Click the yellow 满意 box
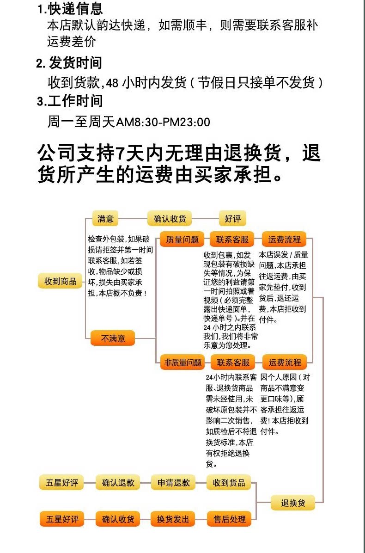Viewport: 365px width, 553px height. coord(105,219)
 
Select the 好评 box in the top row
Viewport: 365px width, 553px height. coord(232,219)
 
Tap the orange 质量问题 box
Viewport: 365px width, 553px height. coord(182,240)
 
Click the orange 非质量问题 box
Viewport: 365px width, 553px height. coord(182,362)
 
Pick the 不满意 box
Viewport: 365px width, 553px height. coord(113,338)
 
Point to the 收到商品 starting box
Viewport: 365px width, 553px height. coord(60,281)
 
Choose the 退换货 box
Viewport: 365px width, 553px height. coord(293,503)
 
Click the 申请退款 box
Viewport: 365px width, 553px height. coord(173,482)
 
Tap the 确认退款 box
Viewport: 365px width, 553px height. coord(118,482)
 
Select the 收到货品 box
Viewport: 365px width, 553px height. coord(229,482)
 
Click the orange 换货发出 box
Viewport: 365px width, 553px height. coord(173,519)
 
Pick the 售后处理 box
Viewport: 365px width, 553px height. coord(229,519)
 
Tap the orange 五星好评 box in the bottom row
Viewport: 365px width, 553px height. coord(62,519)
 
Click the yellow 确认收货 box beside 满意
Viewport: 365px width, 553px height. coord(169,219)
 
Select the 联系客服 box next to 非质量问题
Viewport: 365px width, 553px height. coord(233,362)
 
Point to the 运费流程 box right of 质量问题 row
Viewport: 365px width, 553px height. coord(284,240)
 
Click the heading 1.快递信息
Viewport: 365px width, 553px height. coord(70,9)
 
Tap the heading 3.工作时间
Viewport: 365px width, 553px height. coord(70,101)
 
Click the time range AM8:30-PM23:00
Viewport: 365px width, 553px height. coord(163,123)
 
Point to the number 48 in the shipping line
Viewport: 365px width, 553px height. coord(112,83)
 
